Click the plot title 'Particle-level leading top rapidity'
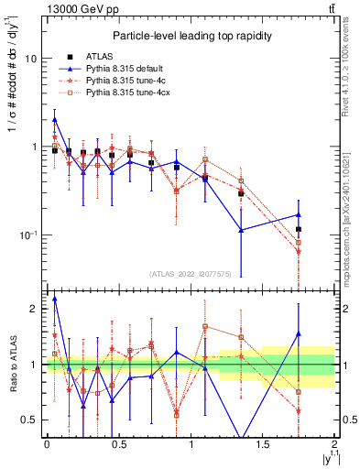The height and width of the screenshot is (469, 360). [188, 36]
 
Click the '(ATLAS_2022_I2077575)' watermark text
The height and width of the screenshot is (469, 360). [190, 273]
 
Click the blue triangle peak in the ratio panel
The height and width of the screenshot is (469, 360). [55, 299]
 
